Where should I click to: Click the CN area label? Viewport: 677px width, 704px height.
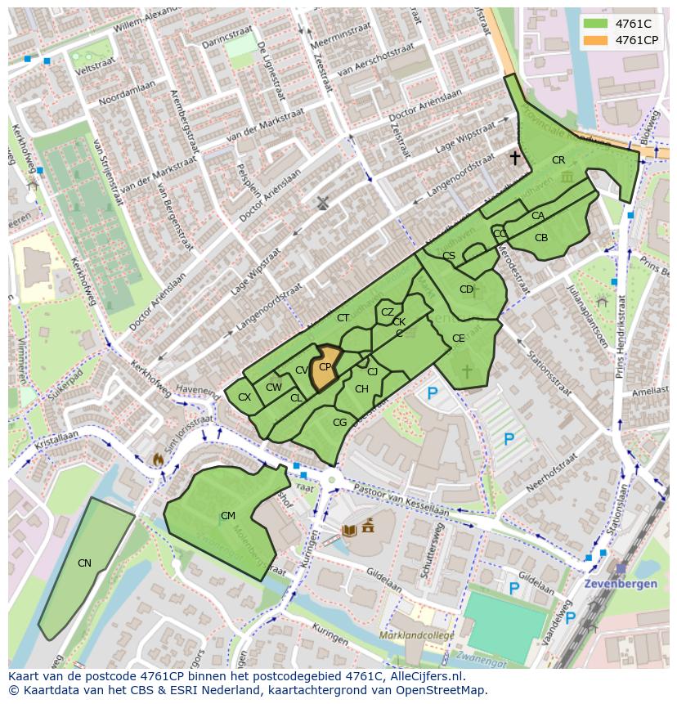84,563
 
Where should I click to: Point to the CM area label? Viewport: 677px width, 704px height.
228,516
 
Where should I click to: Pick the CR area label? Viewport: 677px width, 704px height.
558,160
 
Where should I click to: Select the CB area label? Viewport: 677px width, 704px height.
541,238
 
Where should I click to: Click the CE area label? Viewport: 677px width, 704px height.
459,339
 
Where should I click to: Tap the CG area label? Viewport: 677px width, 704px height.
340,423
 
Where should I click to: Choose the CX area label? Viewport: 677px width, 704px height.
244,397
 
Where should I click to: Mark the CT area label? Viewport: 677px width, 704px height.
343,318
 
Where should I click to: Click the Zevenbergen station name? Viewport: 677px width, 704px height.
621,585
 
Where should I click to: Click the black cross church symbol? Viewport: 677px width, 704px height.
515,157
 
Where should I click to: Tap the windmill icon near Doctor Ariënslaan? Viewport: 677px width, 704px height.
323,202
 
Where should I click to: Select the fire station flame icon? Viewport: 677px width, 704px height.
157,460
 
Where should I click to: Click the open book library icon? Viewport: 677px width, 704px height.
349,531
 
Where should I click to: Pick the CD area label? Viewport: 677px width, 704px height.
466,289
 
